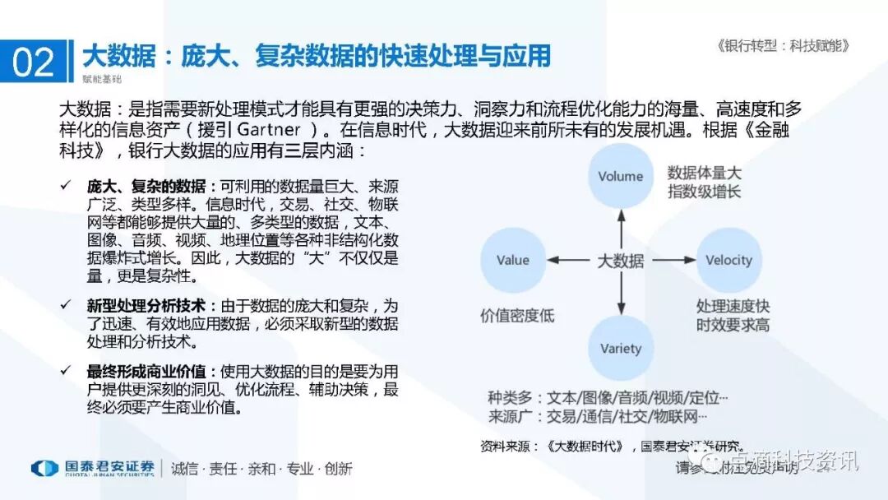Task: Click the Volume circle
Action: click(x=621, y=176)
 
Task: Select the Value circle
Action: click(x=513, y=260)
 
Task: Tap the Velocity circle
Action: click(x=728, y=260)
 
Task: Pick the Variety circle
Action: click(x=621, y=348)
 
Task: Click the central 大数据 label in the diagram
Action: click(x=621, y=261)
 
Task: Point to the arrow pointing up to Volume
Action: click(x=621, y=226)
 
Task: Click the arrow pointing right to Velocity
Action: click(x=675, y=261)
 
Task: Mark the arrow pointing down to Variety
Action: click(x=621, y=294)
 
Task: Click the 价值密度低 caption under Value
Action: click(x=517, y=315)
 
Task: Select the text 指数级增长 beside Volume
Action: click(x=704, y=192)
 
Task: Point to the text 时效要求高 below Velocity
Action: click(x=733, y=324)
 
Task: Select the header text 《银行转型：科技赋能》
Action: click(x=782, y=46)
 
